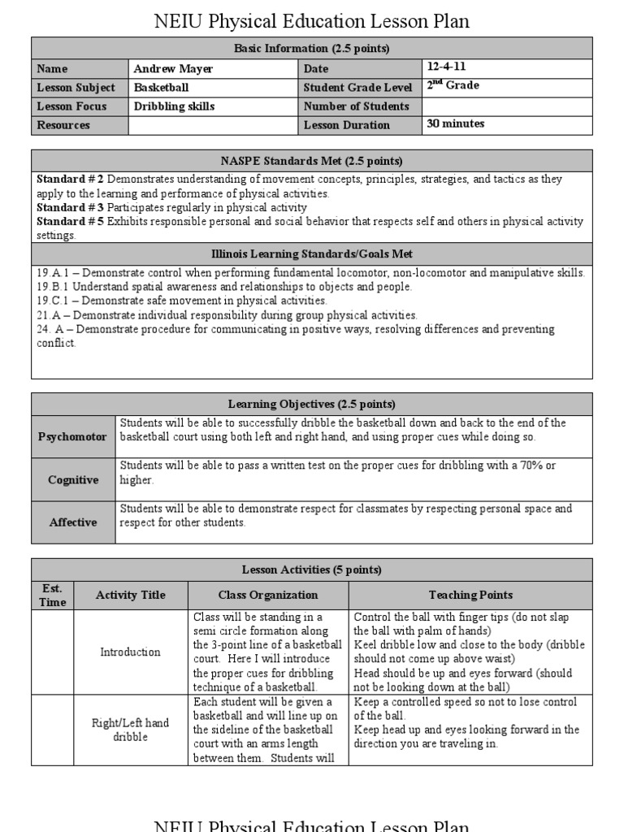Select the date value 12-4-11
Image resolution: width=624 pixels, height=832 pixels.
tap(446, 67)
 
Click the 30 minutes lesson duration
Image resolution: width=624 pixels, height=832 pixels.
tap(455, 123)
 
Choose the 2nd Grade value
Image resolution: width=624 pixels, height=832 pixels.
tap(453, 85)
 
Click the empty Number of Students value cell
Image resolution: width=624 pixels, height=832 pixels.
tap(507, 106)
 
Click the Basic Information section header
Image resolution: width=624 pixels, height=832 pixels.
tap(312, 49)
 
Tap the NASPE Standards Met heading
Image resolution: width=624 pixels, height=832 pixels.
tap(312, 161)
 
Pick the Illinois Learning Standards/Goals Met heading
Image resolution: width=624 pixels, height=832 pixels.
tap(312, 254)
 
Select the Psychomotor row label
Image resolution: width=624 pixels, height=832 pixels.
tap(72, 437)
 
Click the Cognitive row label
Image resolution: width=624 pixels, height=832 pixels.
tap(72, 480)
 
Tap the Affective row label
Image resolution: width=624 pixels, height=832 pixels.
tap(72, 522)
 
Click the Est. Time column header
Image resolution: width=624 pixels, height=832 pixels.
tap(52, 595)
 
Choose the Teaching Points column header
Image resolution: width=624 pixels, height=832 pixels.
tap(470, 595)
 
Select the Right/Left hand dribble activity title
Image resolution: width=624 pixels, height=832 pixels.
tap(130, 730)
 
